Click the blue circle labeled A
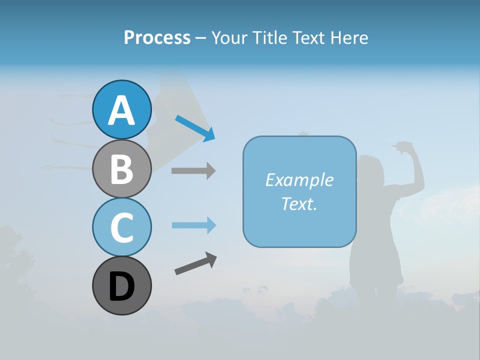[x=121, y=109]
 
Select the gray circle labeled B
[x=121, y=168]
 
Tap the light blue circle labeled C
[x=121, y=227]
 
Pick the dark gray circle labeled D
[x=121, y=285]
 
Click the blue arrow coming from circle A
[x=195, y=128]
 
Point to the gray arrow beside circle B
[x=193, y=170]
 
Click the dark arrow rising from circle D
[x=195, y=263]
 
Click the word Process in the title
[x=157, y=37]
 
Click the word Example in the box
[x=299, y=180]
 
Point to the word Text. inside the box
[x=299, y=203]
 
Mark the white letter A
[x=121, y=110]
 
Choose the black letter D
[x=121, y=286]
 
